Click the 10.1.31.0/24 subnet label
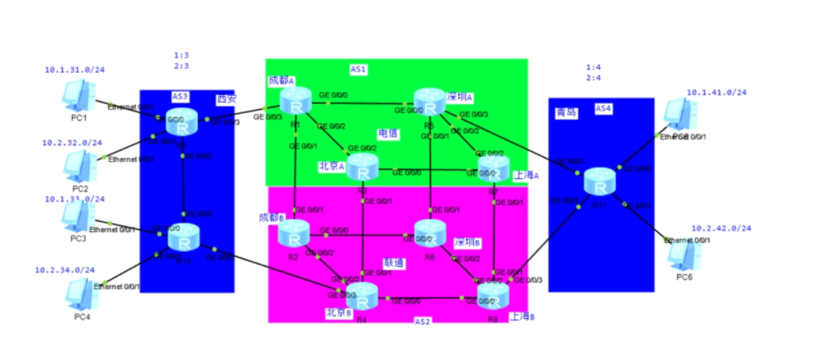[x=74, y=69]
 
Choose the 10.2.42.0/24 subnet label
[x=721, y=228]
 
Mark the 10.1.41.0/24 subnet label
[x=716, y=92]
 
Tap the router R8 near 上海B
[x=493, y=294]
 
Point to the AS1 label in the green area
[x=358, y=69]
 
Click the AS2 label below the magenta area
[x=423, y=321]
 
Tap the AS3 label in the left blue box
[x=180, y=96]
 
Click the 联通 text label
[x=394, y=262]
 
